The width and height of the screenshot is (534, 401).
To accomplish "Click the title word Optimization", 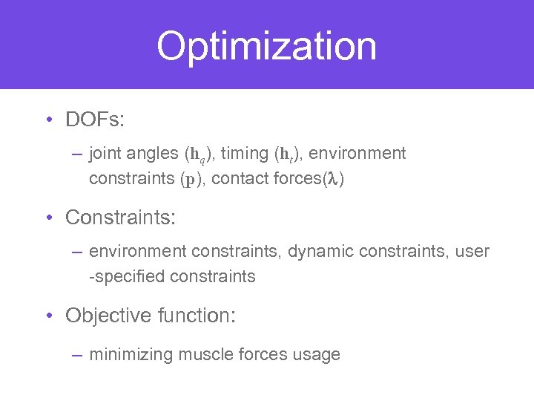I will coord(266,46).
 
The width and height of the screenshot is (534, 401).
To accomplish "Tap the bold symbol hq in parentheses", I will coord(197,154).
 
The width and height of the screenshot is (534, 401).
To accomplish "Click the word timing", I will coord(245,154).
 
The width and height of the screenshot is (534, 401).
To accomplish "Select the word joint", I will coord(105,154).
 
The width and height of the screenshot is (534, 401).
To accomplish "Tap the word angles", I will coord(152,154).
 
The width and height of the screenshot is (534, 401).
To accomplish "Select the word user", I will coord(473,252).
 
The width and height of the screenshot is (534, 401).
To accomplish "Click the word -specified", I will coord(126,276).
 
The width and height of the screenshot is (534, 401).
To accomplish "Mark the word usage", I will coord(317,354).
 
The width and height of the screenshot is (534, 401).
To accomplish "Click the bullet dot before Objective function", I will coord(49,316).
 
